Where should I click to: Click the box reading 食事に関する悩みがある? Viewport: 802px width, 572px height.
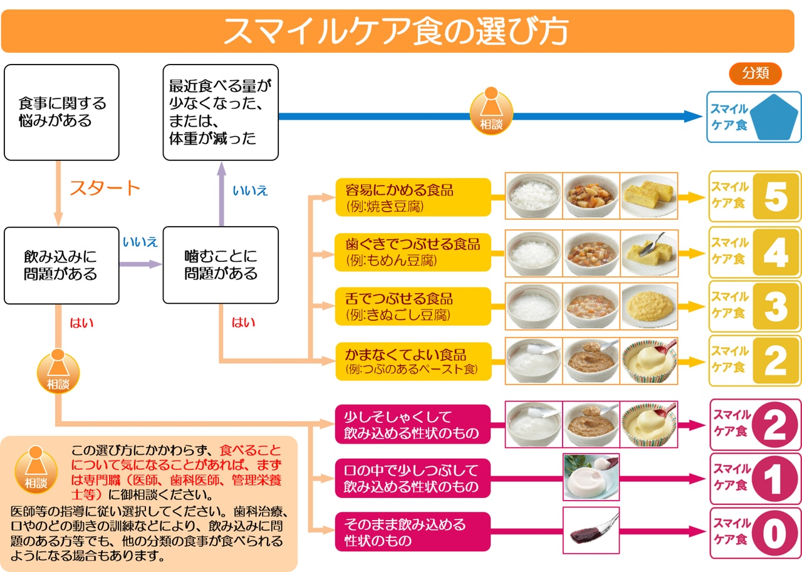pos(61,112)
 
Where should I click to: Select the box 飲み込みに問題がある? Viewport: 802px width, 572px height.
pos(61,265)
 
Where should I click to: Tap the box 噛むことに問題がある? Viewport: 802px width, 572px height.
pos(221,265)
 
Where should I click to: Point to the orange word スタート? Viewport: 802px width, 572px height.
pos(105,187)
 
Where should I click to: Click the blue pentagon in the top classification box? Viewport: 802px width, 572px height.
pos(775,117)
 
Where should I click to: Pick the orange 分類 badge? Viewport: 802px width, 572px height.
pos(755,73)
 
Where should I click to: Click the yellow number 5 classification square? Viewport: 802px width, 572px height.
pos(776,197)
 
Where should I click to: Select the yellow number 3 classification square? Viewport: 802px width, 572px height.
pos(776,306)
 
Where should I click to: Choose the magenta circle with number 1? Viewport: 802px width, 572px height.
pos(775,479)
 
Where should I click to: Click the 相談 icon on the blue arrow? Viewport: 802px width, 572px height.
pos(491,113)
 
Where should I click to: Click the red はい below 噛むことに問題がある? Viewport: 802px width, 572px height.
pos(243,323)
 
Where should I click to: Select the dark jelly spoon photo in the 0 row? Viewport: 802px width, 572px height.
pos(591,530)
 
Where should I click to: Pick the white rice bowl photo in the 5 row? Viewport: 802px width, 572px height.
pos(534,196)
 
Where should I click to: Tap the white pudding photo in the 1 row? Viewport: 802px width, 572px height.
pos(591,477)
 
